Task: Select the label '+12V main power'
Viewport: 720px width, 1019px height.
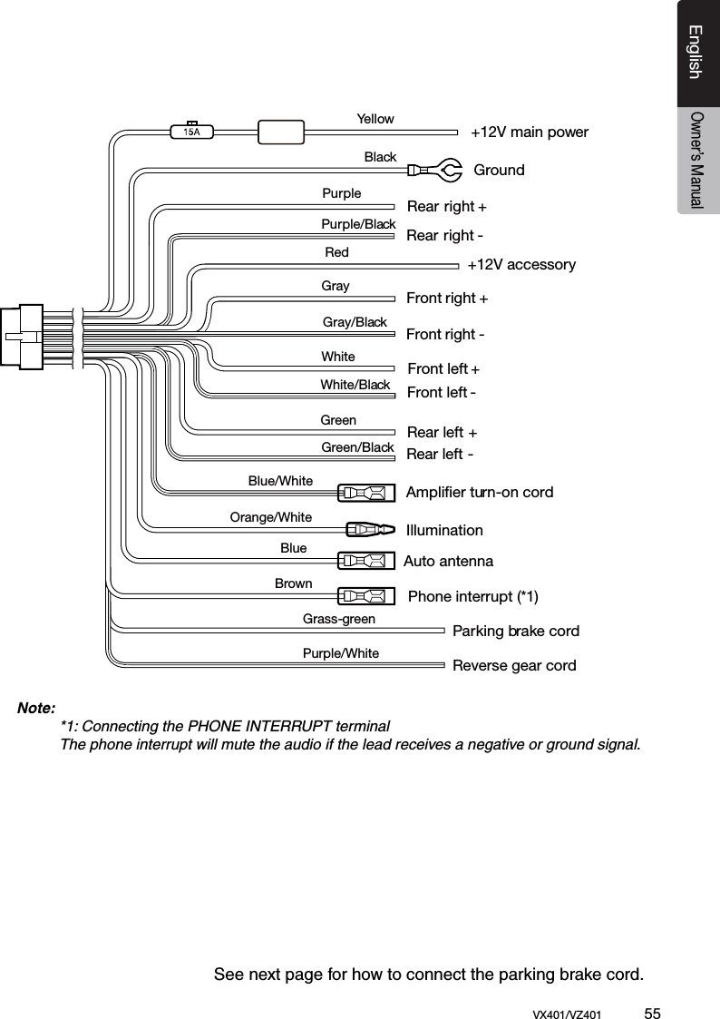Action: (529, 132)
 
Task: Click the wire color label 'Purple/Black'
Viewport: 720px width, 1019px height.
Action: (358, 224)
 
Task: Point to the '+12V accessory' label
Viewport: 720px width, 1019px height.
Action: (521, 265)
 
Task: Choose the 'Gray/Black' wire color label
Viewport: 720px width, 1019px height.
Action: (355, 322)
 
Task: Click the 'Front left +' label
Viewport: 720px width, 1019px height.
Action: (443, 369)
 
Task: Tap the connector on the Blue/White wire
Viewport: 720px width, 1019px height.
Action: (366, 493)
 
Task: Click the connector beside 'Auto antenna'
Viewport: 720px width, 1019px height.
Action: (366, 561)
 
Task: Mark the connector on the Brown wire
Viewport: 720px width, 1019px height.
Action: (366, 596)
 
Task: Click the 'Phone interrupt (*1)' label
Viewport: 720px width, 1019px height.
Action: (473, 596)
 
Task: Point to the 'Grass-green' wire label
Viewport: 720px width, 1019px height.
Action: (338, 620)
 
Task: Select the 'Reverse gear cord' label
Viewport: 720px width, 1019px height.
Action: (514, 666)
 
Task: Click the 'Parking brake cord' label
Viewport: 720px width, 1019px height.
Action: (515, 631)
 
